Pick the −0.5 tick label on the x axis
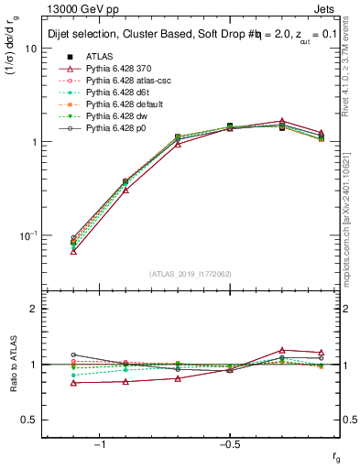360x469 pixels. [x=228, y=444]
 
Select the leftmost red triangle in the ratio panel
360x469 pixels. [x=73, y=383]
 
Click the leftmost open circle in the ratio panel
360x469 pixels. [x=73, y=354]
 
